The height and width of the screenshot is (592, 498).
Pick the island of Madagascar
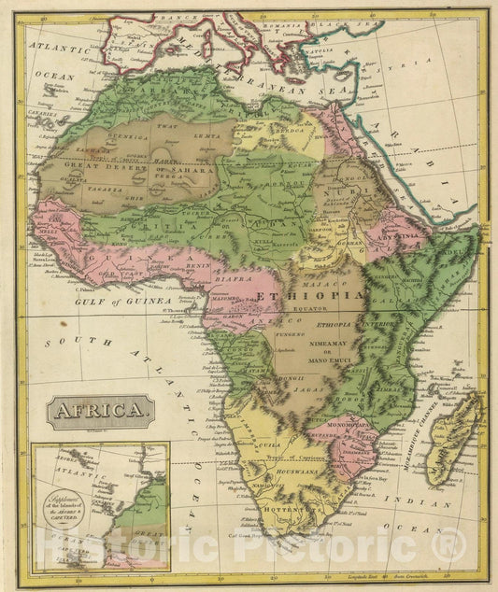coord(457,439)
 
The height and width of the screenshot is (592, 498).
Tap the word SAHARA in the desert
coord(182,168)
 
